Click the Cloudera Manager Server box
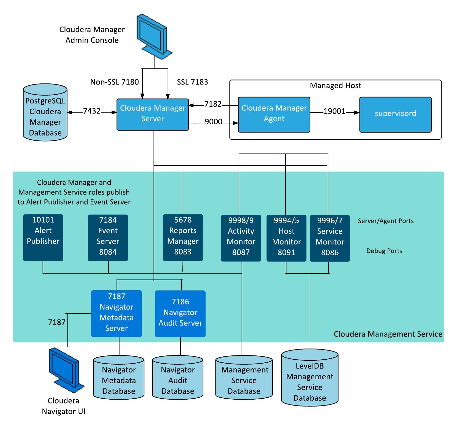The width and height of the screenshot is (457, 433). pyautogui.click(x=153, y=115)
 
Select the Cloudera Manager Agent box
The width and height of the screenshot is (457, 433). pyautogui.click(x=274, y=115)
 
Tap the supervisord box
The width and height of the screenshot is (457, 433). pyautogui.click(x=395, y=115)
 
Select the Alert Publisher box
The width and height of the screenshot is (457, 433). pyautogui.click(x=43, y=238)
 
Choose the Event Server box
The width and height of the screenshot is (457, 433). pyautogui.click(x=108, y=238)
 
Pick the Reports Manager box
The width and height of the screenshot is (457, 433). pyautogui.click(x=183, y=238)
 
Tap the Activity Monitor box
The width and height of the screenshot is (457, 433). pyautogui.click(x=241, y=238)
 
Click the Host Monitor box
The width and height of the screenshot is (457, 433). pyautogui.click(x=286, y=238)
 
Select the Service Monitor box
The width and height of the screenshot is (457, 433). pyautogui.click(x=330, y=238)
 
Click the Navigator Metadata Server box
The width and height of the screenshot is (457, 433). pyautogui.click(x=117, y=314)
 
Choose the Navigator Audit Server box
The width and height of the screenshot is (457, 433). pyautogui.click(x=180, y=314)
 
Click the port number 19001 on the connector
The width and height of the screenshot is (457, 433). pyautogui.click(x=334, y=112)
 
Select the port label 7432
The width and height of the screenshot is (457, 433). pyautogui.click(x=92, y=111)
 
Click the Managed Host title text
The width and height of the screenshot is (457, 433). pyautogui.click(x=336, y=86)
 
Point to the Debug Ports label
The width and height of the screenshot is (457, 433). pyautogui.click(x=384, y=251)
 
